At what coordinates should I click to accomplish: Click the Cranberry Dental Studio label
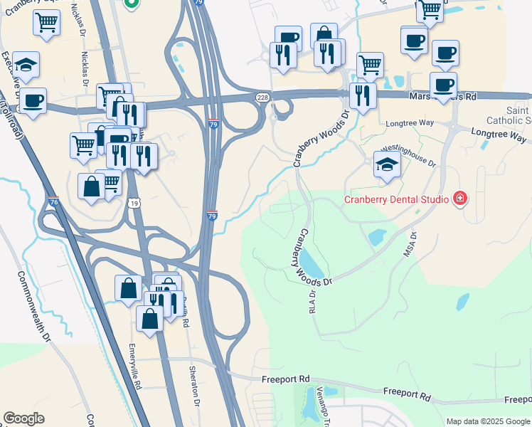(396, 199)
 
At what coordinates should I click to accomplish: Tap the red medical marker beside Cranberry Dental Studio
(459, 197)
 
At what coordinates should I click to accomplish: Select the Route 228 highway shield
(262, 97)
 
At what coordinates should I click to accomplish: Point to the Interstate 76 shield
(53, 203)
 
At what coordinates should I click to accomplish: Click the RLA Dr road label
(312, 302)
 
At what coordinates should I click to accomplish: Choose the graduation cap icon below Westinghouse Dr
(388, 164)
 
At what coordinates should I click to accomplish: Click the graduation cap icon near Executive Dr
(26, 64)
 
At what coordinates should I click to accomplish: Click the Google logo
(23, 418)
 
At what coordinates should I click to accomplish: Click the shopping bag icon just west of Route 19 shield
(92, 186)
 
